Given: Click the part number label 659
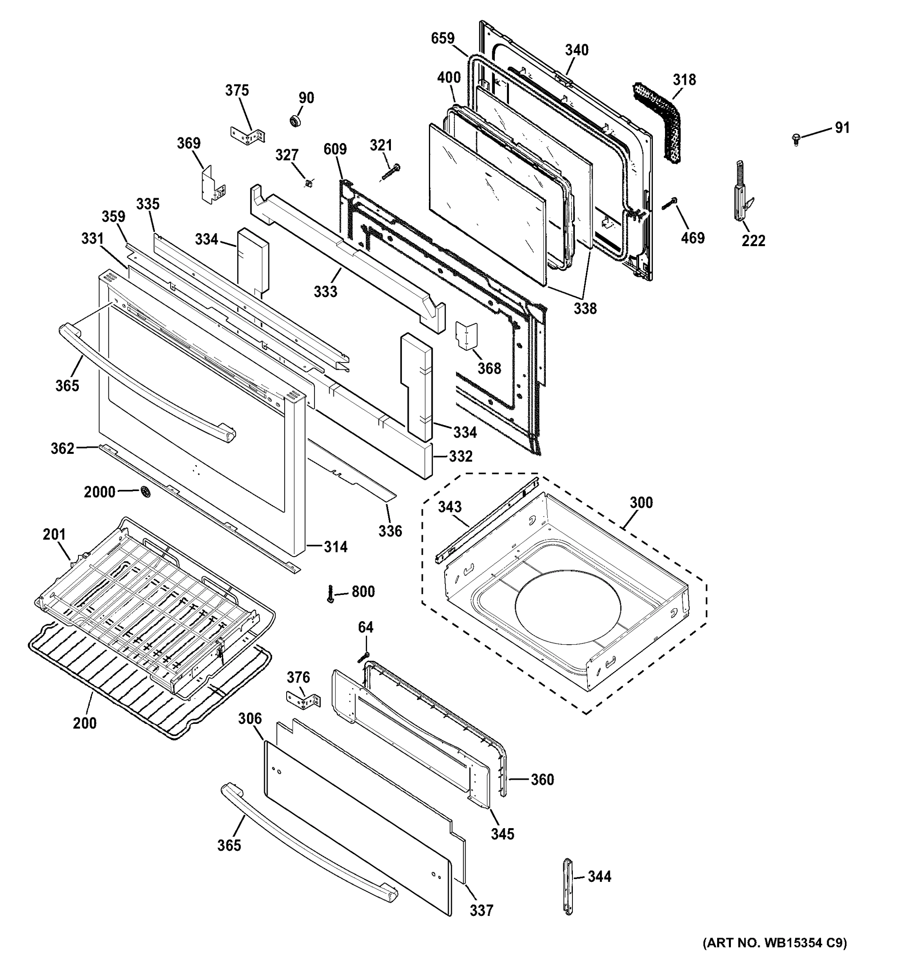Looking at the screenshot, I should (x=443, y=38).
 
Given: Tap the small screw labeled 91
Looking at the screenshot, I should (x=796, y=139).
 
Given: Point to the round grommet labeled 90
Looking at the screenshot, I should (x=296, y=121).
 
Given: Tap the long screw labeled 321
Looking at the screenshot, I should (x=389, y=172).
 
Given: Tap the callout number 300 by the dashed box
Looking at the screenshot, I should (x=641, y=502).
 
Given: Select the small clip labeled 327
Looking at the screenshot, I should (x=308, y=183).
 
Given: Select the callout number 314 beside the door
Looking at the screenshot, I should (x=336, y=546).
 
